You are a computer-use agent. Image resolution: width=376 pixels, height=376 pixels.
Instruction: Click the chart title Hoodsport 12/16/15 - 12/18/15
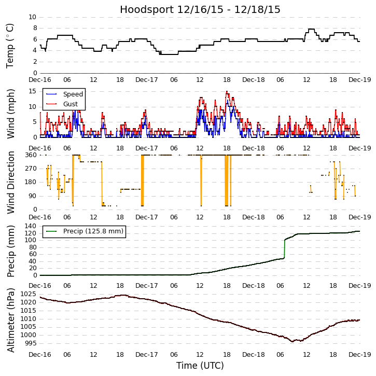[x=200, y=9]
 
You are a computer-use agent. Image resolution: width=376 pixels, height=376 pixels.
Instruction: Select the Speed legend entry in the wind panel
[x=73, y=94]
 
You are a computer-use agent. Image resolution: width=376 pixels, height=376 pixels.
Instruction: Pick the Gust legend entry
[x=71, y=104]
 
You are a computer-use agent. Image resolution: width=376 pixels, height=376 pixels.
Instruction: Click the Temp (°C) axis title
[x=10, y=45]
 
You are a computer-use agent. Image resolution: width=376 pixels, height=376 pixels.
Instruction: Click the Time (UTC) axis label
[x=200, y=366]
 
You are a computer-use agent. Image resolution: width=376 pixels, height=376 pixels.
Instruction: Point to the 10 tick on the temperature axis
[x=32, y=17]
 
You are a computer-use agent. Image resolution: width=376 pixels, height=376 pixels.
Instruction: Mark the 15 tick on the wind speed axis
[x=32, y=91]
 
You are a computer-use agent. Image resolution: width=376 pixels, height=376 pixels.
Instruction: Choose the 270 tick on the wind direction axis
[x=30, y=169]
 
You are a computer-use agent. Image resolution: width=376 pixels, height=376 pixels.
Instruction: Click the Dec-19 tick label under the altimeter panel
[x=359, y=355]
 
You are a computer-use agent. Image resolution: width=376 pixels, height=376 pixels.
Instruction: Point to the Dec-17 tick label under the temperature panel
[x=147, y=80]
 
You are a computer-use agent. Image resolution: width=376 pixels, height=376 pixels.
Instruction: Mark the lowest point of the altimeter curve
[x=293, y=341]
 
